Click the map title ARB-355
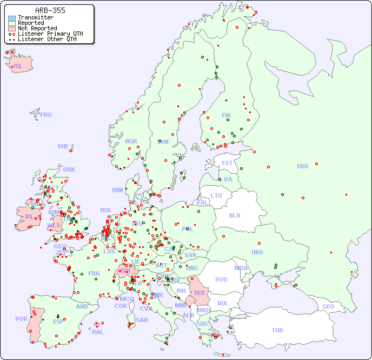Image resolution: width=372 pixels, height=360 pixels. coord(50,10)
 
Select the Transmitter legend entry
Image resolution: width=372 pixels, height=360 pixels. coord(35,18)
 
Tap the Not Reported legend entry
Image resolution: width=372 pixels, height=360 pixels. coord(37,28)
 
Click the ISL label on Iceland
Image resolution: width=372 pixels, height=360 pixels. coord(18,67)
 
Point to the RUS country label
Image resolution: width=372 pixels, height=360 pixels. coord(302,166)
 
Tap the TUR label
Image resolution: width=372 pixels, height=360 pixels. coord(277,330)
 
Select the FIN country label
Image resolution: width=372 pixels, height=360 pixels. coord(226,115)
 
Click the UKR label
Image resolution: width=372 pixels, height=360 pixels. coord(257,252)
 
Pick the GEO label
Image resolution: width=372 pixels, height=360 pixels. coord(328,306)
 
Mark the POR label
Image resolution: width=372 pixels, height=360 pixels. coord(21,319)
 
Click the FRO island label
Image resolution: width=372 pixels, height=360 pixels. coord(45,115)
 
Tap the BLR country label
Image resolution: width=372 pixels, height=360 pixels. coord(235,215)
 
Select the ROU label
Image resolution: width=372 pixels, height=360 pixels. coord(221,279)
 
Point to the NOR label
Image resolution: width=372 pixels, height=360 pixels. coord(131,141)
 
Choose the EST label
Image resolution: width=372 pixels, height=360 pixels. coord(227,163)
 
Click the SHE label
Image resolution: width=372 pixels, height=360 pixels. coord(63,146)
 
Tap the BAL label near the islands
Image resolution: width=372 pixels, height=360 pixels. coord(97,332)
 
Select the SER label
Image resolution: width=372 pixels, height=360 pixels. coord(199,293)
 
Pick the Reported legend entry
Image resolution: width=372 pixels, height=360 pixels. coord(31,23)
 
